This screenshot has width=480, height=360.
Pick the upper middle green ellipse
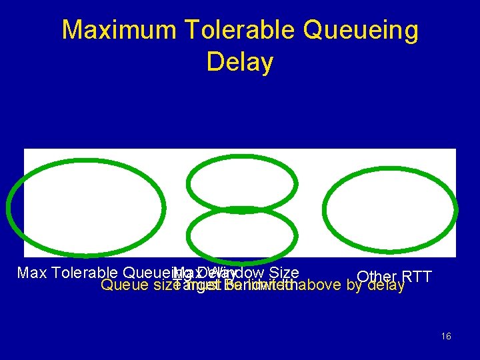click(241, 185)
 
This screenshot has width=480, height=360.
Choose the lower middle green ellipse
click(241, 235)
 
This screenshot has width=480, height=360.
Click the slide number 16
click(446, 337)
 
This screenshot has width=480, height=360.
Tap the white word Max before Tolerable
click(31, 273)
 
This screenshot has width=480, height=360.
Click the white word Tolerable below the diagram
click(83, 273)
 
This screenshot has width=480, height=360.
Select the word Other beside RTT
click(376, 277)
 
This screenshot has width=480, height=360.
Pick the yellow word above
click(323, 285)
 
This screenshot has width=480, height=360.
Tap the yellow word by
click(355, 285)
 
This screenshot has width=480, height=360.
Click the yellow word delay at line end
click(386, 285)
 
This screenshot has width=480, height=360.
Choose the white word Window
click(242, 273)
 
